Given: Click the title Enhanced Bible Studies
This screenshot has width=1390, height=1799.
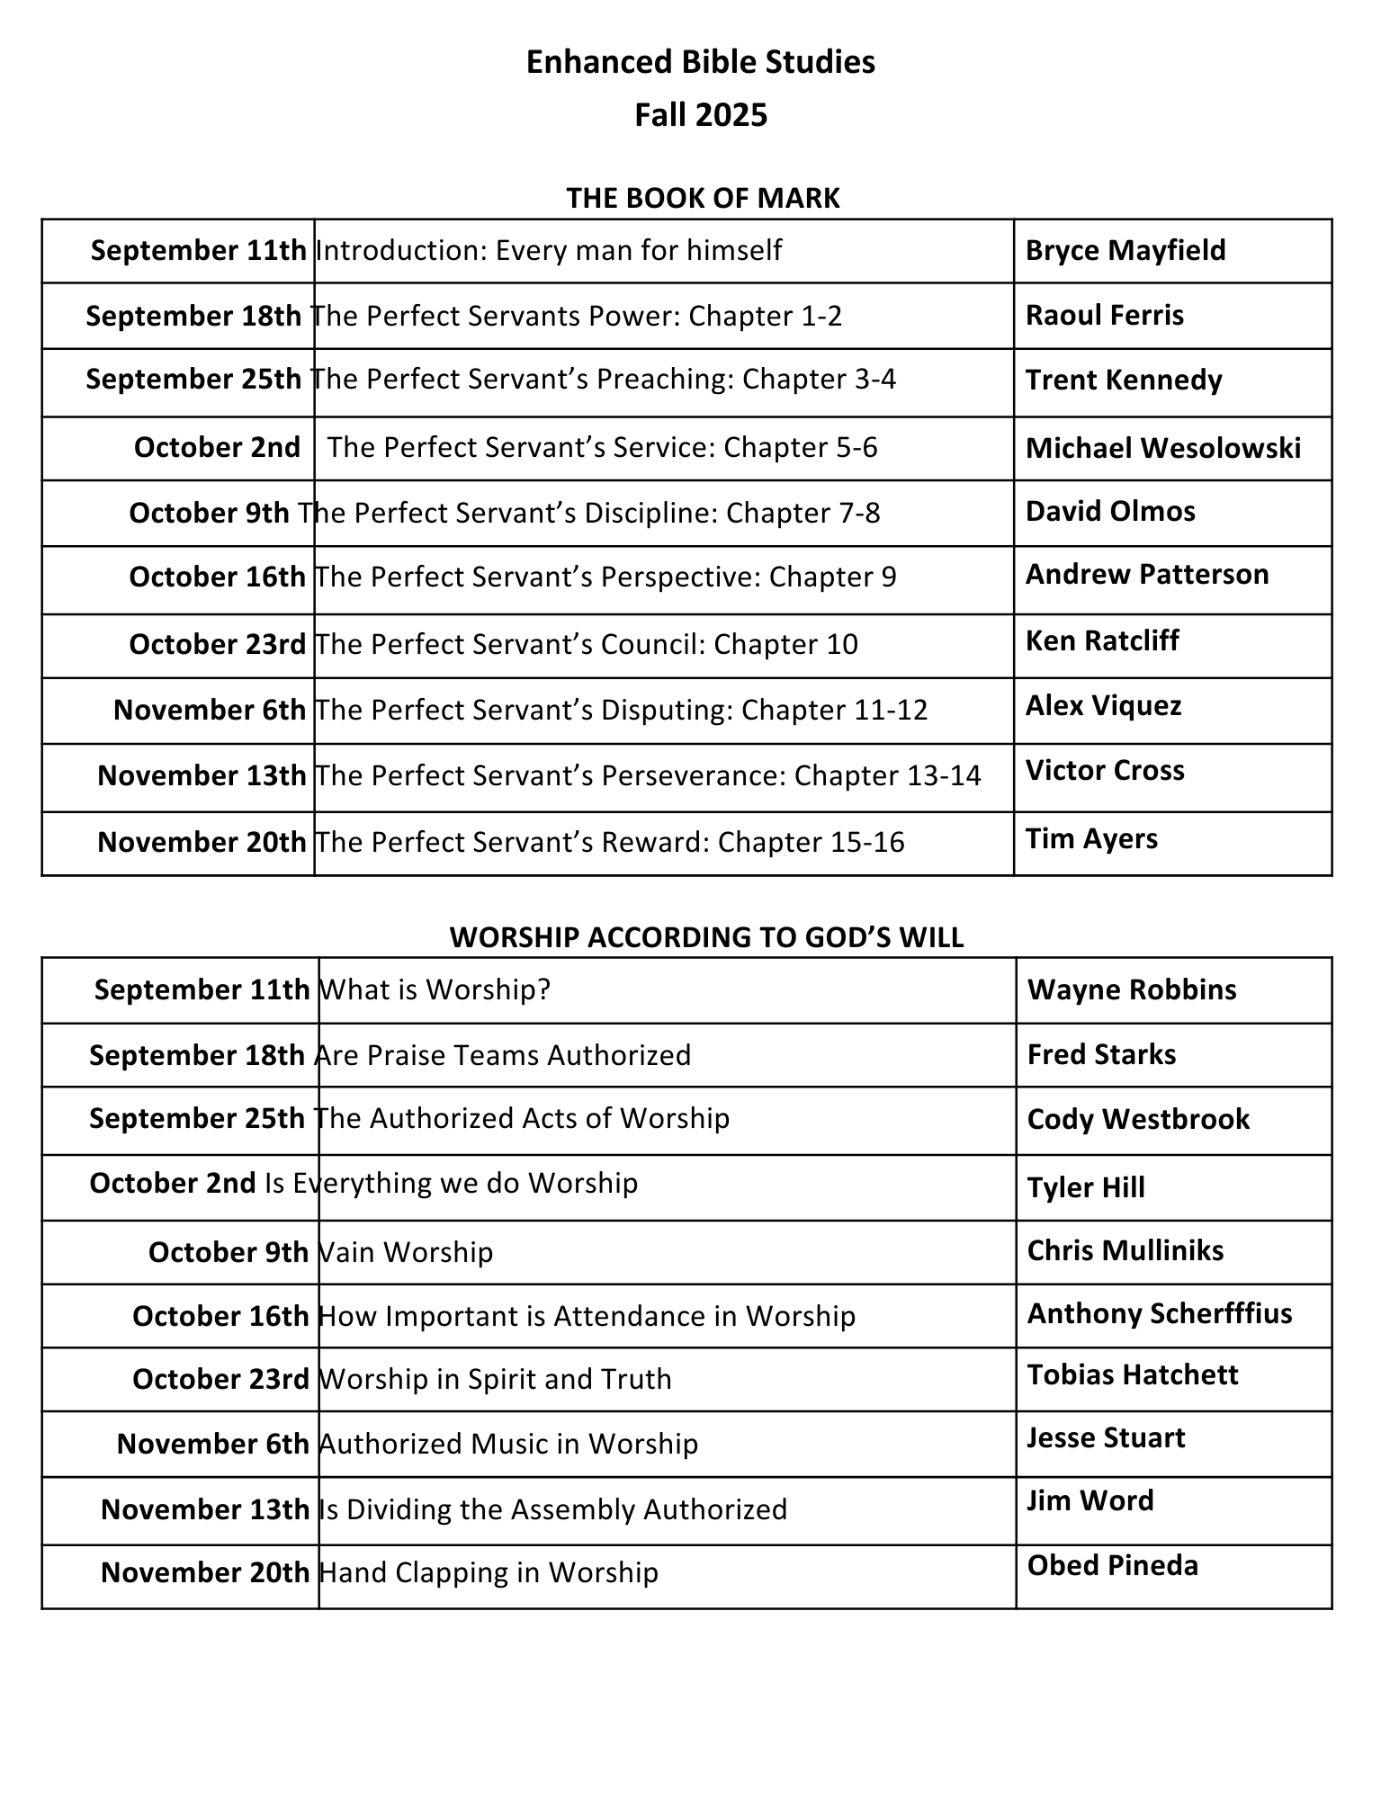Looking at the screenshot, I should click(x=700, y=62).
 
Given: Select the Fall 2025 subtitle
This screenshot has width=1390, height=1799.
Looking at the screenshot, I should click(x=700, y=115).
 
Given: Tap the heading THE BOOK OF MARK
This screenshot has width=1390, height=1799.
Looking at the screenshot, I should click(x=703, y=198).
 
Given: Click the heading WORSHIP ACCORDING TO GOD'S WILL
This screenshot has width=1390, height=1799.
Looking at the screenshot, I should click(x=706, y=937).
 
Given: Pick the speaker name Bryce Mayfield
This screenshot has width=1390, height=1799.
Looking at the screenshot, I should click(x=1125, y=250).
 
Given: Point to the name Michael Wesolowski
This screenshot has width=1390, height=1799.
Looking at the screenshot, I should click(x=1162, y=448).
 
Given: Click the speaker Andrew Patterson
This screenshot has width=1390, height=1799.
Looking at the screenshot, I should click(x=1146, y=574).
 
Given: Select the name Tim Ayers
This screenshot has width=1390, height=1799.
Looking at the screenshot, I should click(x=1090, y=838).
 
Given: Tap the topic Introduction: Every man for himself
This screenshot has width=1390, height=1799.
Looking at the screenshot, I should click(x=549, y=250).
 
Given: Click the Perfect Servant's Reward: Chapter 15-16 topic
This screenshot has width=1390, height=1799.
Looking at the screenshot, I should click(x=610, y=842).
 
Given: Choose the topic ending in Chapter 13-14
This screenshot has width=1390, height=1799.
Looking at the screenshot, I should click(x=648, y=775).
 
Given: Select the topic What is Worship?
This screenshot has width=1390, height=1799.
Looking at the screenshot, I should click(x=435, y=989).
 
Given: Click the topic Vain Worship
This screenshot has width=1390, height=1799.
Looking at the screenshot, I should click(x=407, y=1252).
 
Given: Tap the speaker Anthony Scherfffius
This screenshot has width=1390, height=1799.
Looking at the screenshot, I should click(x=1159, y=1313).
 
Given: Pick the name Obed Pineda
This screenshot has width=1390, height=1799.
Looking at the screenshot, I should click(x=1112, y=1565).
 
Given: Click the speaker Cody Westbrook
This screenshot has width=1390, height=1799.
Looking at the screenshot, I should click(x=1137, y=1119).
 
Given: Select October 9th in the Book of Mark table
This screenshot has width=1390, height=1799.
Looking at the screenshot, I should click(x=209, y=513).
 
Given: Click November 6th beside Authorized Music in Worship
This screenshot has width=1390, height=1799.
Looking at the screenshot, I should click(x=212, y=1444).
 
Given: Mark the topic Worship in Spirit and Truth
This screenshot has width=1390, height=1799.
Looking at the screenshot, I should click(x=496, y=1379).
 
